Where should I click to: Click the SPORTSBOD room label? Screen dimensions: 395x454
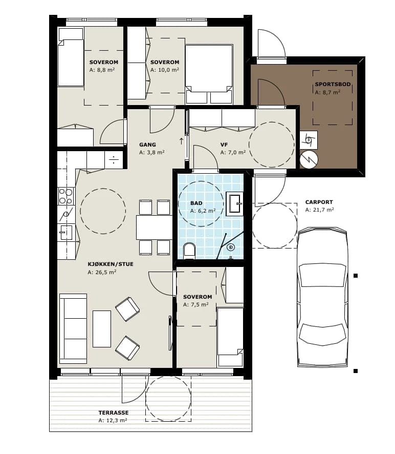tap(333, 84)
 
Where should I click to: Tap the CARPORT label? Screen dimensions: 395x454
tap(319, 202)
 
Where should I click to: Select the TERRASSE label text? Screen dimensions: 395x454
tap(114, 412)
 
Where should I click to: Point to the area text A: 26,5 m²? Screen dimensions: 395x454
tap(102, 272)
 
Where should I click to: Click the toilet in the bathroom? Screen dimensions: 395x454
tap(189, 251)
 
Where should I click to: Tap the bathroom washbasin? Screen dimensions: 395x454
tap(234, 203)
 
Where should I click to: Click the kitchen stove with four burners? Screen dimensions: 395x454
tap(65, 196)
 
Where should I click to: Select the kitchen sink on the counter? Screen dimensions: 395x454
tap(65, 233)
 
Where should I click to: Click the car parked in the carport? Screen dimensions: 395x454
tap(322, 297)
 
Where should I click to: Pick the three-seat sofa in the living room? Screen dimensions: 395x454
tap(73, 328)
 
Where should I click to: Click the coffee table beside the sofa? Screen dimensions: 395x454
tap(102, 329)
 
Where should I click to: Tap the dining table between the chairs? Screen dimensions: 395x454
tap(154, 228)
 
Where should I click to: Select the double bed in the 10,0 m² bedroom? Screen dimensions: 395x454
tap(209, 74)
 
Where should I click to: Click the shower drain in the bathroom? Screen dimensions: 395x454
tap(231, 247)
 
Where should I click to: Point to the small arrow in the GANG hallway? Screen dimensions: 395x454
tap(181, 141)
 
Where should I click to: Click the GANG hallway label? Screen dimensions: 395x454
tap(147, 145)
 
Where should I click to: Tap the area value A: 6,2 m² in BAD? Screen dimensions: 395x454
tap(203, 211)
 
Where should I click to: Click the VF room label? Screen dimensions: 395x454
tap(224, 145)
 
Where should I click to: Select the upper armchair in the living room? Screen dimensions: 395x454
tap(127, 309)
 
